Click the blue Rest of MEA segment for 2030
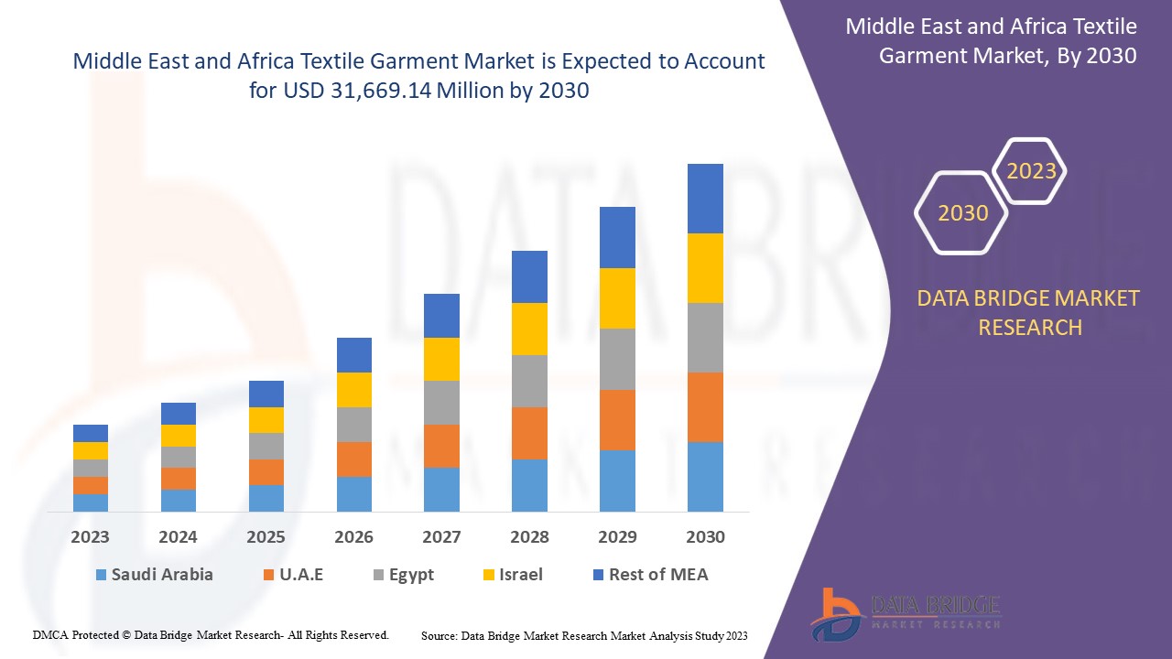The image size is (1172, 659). tap(705, 199)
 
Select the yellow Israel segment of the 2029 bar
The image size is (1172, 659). tap(617, 298)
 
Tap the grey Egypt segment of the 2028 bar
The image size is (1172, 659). tap(529, 381)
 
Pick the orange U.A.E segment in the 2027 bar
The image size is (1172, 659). tap(441, 446)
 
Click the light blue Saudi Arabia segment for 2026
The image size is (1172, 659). tap(353, 493)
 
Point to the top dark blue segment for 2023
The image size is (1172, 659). tap(91, 433)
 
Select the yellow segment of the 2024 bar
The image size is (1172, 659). tap(179, 436)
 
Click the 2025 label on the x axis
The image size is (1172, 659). tap(266, 537)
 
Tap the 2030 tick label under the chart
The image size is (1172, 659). tap(705, 537)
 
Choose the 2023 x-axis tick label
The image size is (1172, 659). tap(90, 537)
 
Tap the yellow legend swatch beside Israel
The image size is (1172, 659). tap(490, 576)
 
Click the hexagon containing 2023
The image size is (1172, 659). tap(1031, 171)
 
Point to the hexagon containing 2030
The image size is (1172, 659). tap(962, 213)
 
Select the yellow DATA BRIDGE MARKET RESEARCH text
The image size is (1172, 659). tap(1029, 312)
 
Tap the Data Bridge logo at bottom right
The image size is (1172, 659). tap(906, 613)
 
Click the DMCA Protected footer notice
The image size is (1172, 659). tap(211, 634)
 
